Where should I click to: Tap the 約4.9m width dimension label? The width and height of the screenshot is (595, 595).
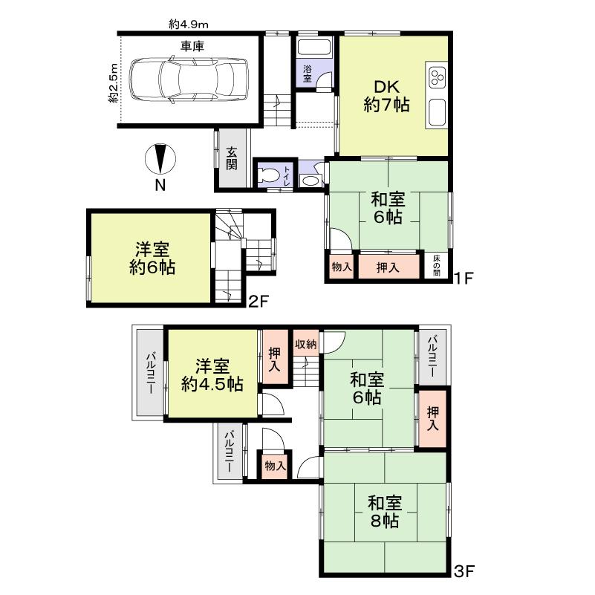(189, 25)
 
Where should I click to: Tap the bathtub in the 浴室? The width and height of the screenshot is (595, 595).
(314, 49)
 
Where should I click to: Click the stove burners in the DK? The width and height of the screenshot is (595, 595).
(436, 77)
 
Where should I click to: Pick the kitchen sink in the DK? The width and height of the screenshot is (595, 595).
(437, 113)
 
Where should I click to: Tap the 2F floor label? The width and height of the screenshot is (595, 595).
(258, 301)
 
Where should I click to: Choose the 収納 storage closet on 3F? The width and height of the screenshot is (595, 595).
(305, 344)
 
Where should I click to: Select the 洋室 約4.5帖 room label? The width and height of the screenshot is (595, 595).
(212, 375)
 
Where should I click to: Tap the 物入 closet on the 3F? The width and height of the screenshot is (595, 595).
(274, 466)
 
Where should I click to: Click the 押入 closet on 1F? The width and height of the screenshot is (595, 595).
(388, 267)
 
